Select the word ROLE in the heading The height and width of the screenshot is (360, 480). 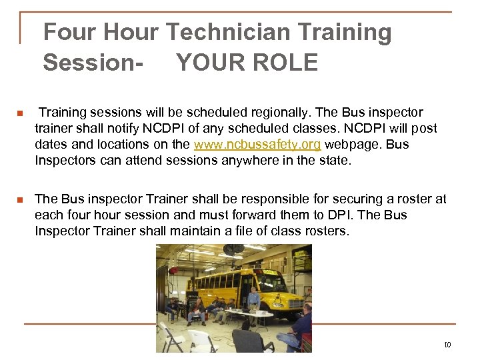pos(283,63)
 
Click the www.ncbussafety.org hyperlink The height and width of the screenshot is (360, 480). pos(257,145)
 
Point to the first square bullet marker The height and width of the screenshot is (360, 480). pos(20,113)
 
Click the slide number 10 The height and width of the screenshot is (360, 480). pos(447,345)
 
